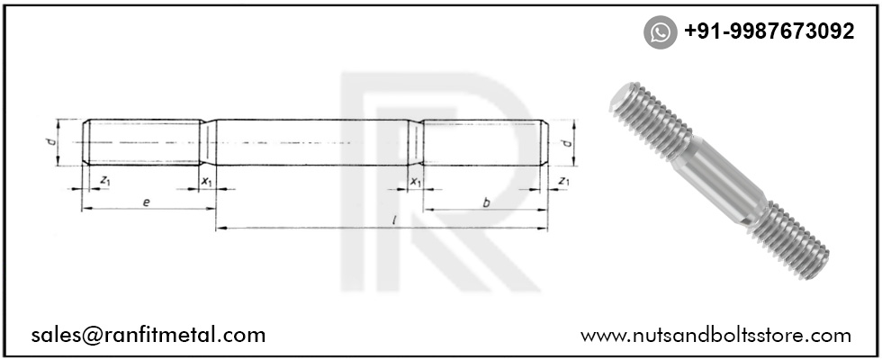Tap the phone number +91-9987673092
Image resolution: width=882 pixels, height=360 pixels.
coord(769,31)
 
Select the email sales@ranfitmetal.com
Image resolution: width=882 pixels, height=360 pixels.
coord(148,335)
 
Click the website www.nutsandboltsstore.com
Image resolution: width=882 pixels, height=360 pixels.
coord(715,335)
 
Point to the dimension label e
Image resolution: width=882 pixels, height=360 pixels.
coord(146,202)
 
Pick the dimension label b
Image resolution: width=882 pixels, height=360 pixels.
coord(486,202)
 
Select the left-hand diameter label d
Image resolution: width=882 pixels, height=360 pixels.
coord(52,142)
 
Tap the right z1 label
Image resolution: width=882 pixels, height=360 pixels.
coord(562,182)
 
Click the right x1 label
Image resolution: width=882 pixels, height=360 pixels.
coord(415,182)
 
